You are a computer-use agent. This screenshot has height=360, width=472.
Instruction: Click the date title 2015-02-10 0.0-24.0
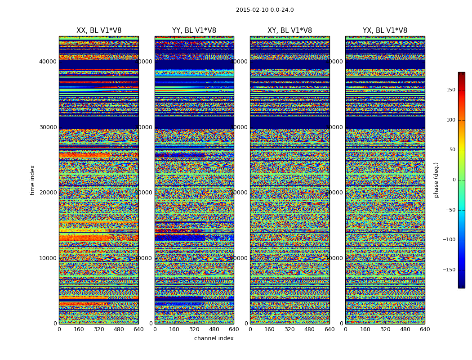(x=265, y=10)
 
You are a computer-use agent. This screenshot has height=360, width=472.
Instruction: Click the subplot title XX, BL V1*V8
(x=99, y=31)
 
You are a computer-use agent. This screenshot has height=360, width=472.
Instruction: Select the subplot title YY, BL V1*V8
(x=194, y=31)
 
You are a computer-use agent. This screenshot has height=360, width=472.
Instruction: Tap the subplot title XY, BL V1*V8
(x=289, y=31)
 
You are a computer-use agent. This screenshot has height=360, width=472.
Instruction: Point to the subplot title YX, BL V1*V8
(x=385, y=31)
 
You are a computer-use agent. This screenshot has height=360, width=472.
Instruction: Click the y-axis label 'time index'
(x=32, y=180)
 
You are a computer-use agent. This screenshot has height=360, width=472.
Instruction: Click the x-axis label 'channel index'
(x=214, y=338)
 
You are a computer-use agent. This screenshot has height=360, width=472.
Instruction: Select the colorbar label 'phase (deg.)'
(x=436, y=180)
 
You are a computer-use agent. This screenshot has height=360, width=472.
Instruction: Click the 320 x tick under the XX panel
(x=99, y=329)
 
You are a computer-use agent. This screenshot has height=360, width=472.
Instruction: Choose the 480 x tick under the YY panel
(x=214, y=329)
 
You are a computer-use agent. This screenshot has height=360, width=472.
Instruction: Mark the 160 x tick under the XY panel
(x=270, y=329)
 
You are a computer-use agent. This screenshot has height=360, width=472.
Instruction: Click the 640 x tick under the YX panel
(x=425, y=329)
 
